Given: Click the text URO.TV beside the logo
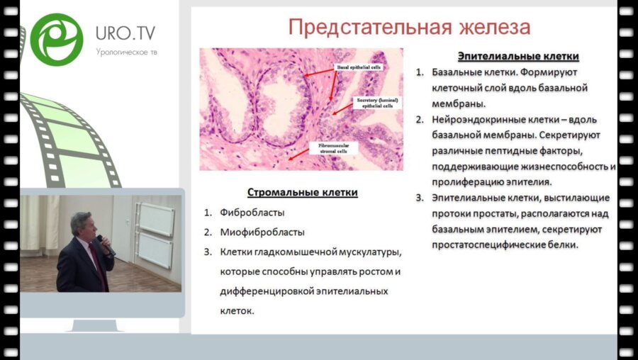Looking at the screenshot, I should click(125, 33).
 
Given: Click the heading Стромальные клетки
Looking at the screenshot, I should click(302, 193).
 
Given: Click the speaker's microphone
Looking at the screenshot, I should click(103, 243).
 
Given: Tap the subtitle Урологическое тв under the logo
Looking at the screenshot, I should click(126, 52).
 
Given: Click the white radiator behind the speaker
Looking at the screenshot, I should click(155, 234).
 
